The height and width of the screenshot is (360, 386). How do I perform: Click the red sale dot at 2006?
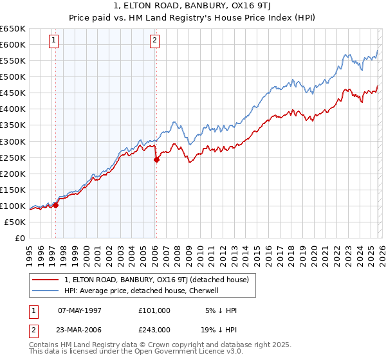[156, 160]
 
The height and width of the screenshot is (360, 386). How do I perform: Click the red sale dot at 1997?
[55, 206]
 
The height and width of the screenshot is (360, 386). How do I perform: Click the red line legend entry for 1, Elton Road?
[160, 280]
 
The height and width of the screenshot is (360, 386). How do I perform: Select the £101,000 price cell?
[154, 310]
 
